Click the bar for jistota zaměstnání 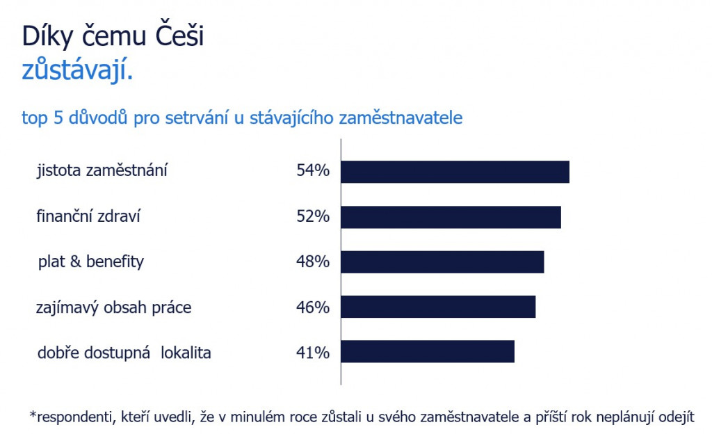click(x=455, y=172)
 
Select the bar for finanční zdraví click(x=451, y=217)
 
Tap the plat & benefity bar click(x=442, y=262)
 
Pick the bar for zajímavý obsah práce click(x=438, y=307)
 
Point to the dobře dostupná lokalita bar click(x=428, y=351)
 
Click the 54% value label click(x=313, y=170)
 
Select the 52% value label click(x=313, y=216)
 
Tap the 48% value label click(x=313, y=262)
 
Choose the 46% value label click(x=313, y=307)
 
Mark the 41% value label click(x=313, y=353)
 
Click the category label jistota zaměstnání click(x=102, y=170)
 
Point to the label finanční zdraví click(x=88, y=216)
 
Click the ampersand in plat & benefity click(x=75, y=262)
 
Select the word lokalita click(x=186, y=353)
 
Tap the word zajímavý click(x=67, y=308)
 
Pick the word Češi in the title click(x=180, y=35)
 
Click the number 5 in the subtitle click(x=58, y=118)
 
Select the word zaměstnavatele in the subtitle click(x=401, y=118)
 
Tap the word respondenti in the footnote click(x=75, y=417)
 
